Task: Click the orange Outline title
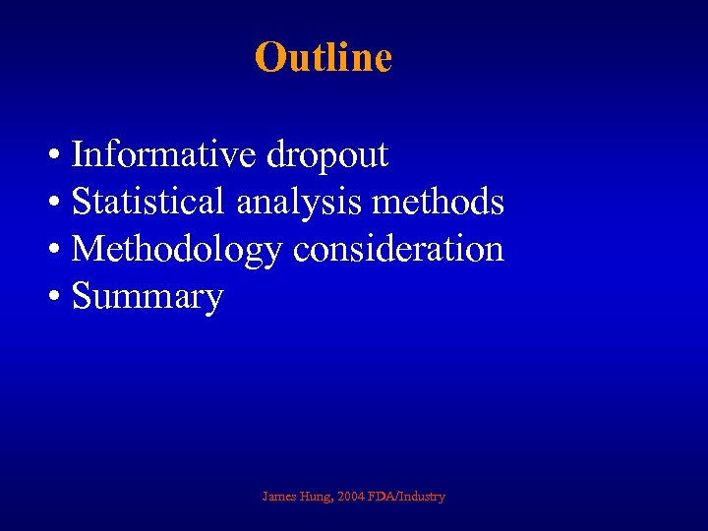[x=324, y=57]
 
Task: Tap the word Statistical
[x=148, y=202]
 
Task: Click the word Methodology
[x=177, y=250]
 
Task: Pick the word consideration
[x=398, y=249]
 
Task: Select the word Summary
[x=147, y=297]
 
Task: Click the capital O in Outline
[x=268, y=57]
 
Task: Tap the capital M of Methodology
[x=88, y=249]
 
